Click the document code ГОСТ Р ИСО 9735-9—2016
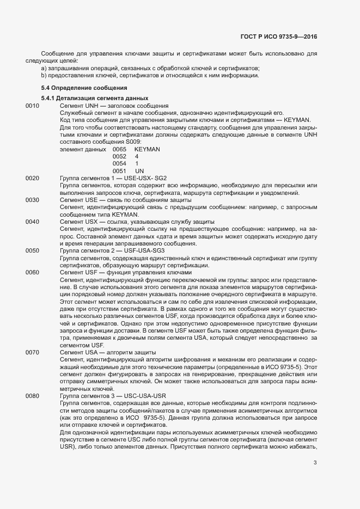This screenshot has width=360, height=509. click(x=278, y=36)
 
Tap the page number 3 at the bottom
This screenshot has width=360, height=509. click(x=315, y=463)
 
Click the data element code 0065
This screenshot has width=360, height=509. click(x=119, y=149)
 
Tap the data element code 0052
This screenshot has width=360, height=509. click(x=119, y=156)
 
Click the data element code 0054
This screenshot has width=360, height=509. click(x=119, y=163)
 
